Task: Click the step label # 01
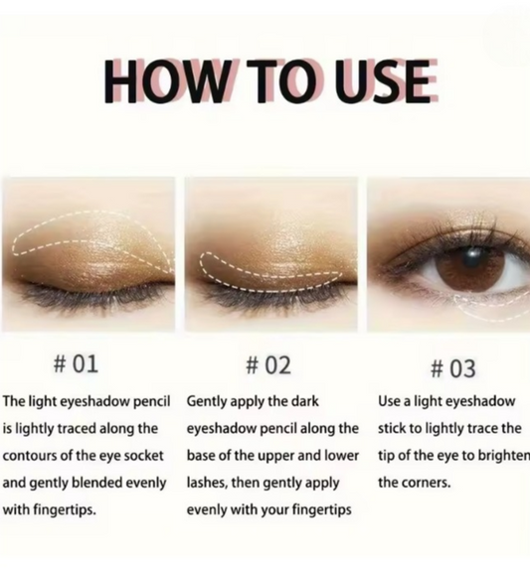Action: point(76,363)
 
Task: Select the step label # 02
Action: point(268,365)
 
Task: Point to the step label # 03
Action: point(452,368)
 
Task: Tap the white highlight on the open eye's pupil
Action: point(472,253)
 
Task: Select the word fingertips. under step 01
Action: point(65,510)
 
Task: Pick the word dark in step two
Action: point(305,401)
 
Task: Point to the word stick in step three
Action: point(392,429)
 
